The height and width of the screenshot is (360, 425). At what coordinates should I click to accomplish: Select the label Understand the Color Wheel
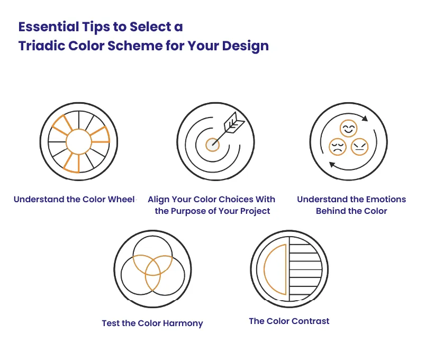click(74, 200)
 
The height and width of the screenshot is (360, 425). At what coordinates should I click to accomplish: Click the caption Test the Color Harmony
click(152, 323)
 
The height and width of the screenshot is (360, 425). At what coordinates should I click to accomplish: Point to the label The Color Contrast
click(289, 321)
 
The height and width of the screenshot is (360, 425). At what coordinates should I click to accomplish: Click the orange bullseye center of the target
click(212, 143)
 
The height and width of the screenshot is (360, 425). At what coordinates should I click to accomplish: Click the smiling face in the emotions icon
click(348, 129)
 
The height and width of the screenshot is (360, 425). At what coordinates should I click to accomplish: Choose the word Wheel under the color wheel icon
click(121, 200)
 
